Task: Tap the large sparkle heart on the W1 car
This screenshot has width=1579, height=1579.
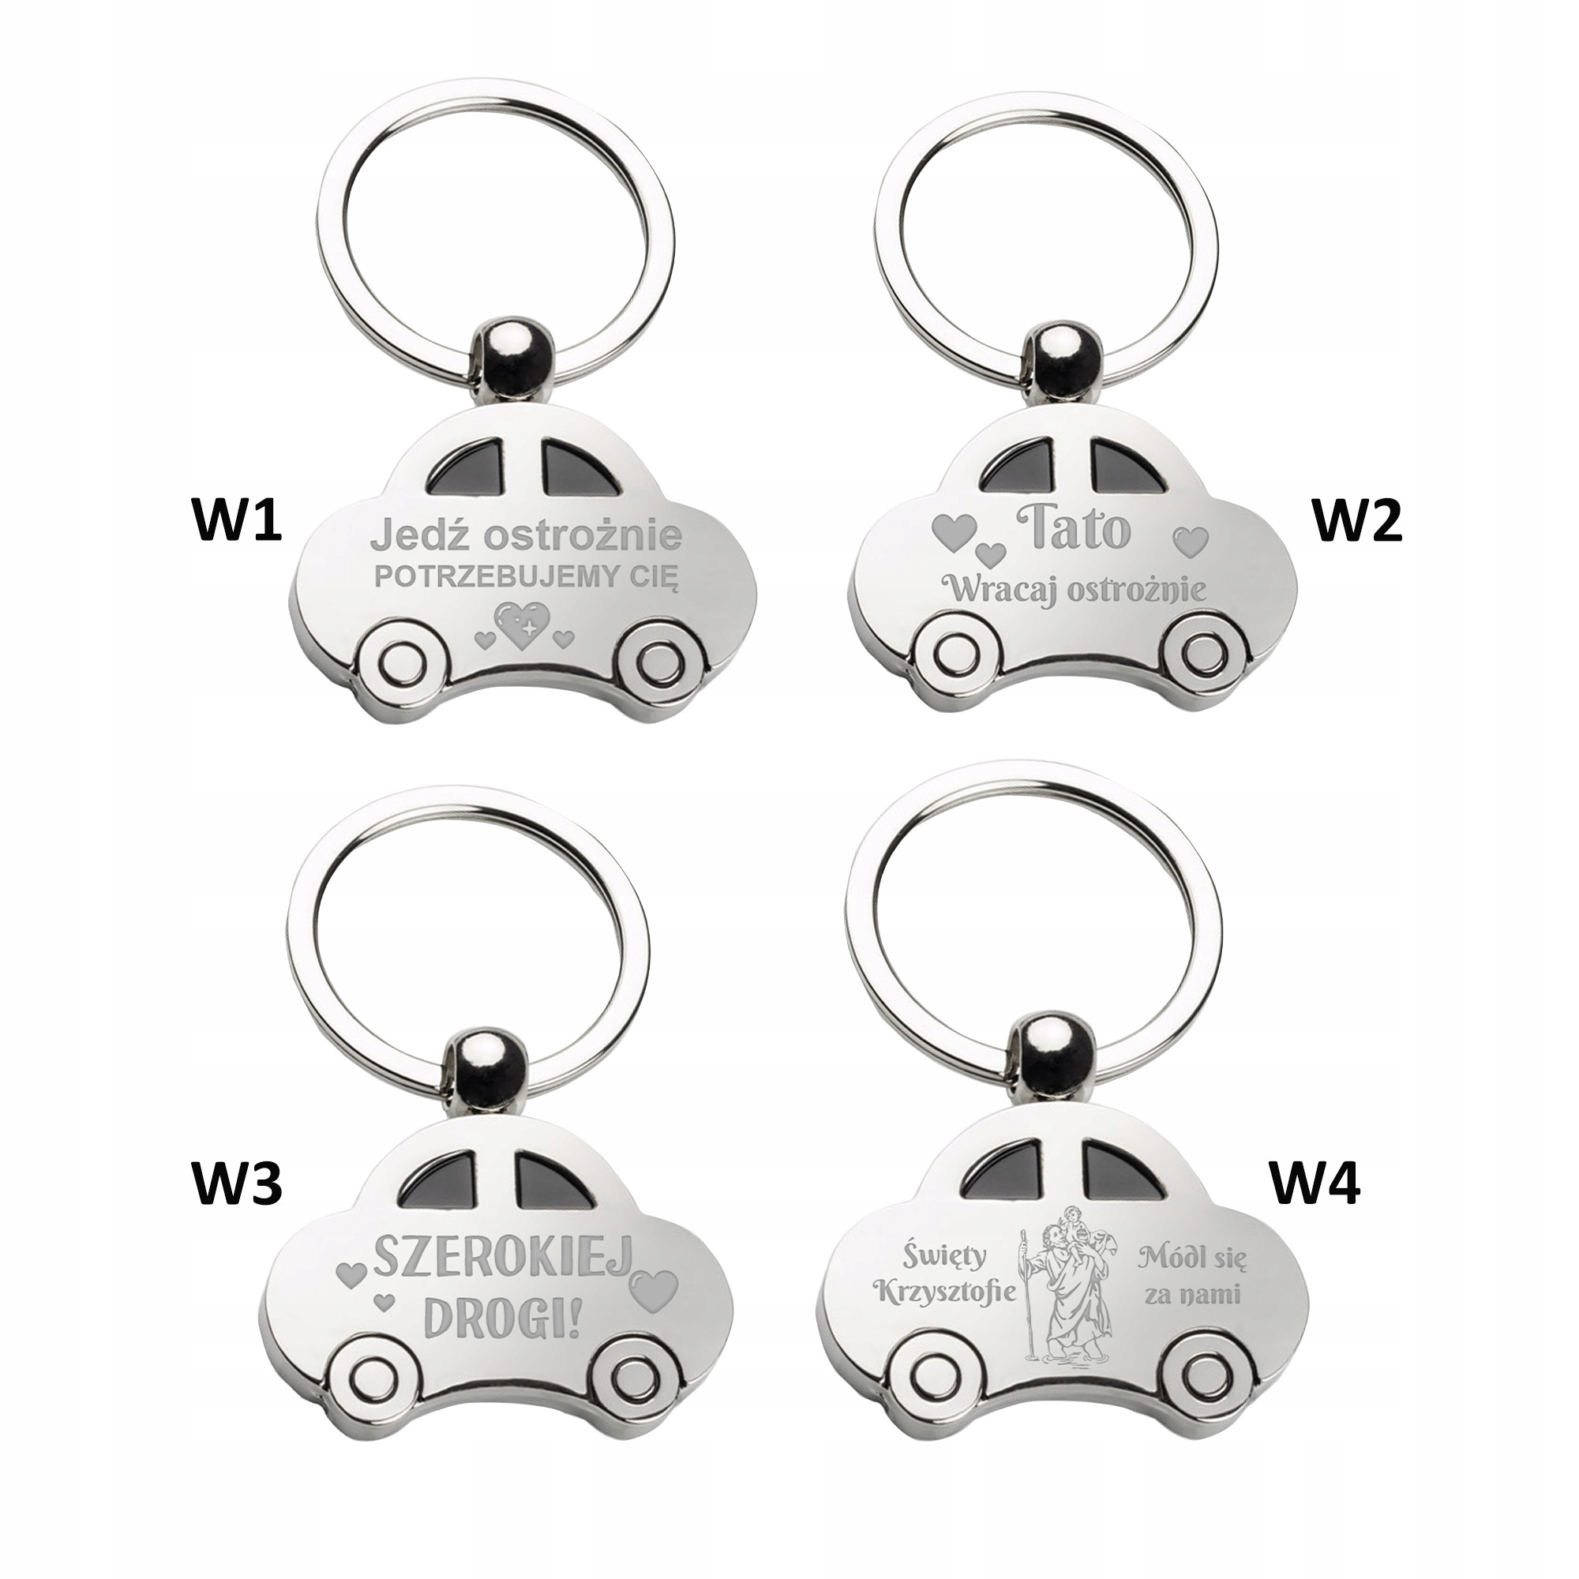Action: coord(524,628)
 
